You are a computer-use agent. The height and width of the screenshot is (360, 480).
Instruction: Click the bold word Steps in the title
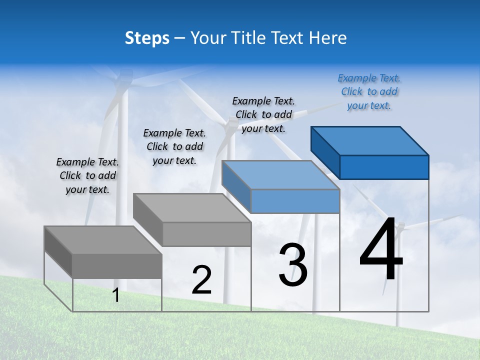tap(147, 38)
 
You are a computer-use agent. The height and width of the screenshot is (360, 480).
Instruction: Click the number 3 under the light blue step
tap(293, 265)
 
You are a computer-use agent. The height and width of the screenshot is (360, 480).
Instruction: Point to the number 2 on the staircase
tap(202, 280)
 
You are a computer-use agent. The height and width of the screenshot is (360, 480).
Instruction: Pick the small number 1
tap(116, 295)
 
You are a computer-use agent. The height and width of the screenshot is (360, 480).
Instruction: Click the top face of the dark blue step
tap(370, 140)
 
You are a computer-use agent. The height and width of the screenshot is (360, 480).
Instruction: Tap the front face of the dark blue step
tap(384, 167)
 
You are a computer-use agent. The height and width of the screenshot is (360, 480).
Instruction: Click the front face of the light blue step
tap(295, 201)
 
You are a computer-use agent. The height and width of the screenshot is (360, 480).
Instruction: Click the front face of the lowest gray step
tap(117, 265)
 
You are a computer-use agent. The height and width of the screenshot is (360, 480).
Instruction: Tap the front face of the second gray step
tap(206, 234)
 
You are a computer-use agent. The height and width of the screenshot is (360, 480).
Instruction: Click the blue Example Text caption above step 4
tap(369, 91)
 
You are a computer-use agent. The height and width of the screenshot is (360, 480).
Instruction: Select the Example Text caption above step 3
tap(263, 114)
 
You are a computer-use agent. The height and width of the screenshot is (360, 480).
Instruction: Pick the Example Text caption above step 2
tap(174, 146)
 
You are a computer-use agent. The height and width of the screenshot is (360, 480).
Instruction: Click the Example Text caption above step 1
tap(87, 175)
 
